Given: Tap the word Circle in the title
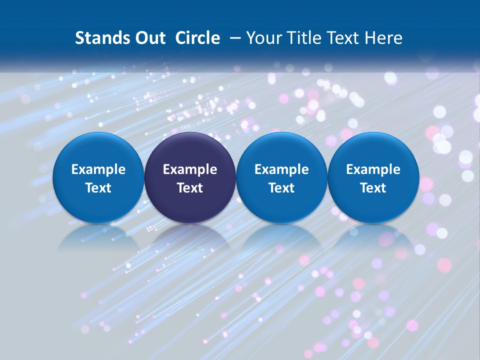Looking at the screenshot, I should click(197, 38).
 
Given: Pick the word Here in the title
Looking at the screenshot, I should click(384, 38).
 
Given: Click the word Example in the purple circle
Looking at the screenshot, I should click(190, 169).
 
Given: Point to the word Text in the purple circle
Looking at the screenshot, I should click(190, 188).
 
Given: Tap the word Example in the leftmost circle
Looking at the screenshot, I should click(98, 169).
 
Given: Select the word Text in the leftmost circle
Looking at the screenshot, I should click(98, 188).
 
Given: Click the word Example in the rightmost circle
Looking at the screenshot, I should click(373, 169).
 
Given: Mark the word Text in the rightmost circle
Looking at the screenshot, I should click(373, 188).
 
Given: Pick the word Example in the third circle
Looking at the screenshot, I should click(281, 169).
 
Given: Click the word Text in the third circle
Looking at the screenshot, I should click(281, 188).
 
